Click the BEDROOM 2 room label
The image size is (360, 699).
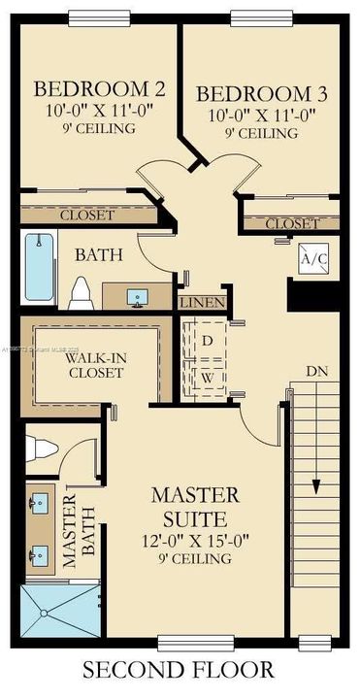click(x=100, y=90)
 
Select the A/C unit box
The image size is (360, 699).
click(x=312, y=258)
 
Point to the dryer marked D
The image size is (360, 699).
click(x=208, y=341)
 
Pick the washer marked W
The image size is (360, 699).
click(x=208, y=376)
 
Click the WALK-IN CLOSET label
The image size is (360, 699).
click(x=94, y=364)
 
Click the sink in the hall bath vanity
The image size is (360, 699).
click(x=137, y=294)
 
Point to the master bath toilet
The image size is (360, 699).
click(x=41, y=449)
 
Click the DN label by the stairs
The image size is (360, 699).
click(x=316, y=371)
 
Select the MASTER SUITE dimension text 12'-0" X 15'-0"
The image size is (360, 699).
click(x=192, y=539)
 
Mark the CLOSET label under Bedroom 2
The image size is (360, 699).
click(x=87, y=215)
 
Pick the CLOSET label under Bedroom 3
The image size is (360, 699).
click(x=292, y=224)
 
